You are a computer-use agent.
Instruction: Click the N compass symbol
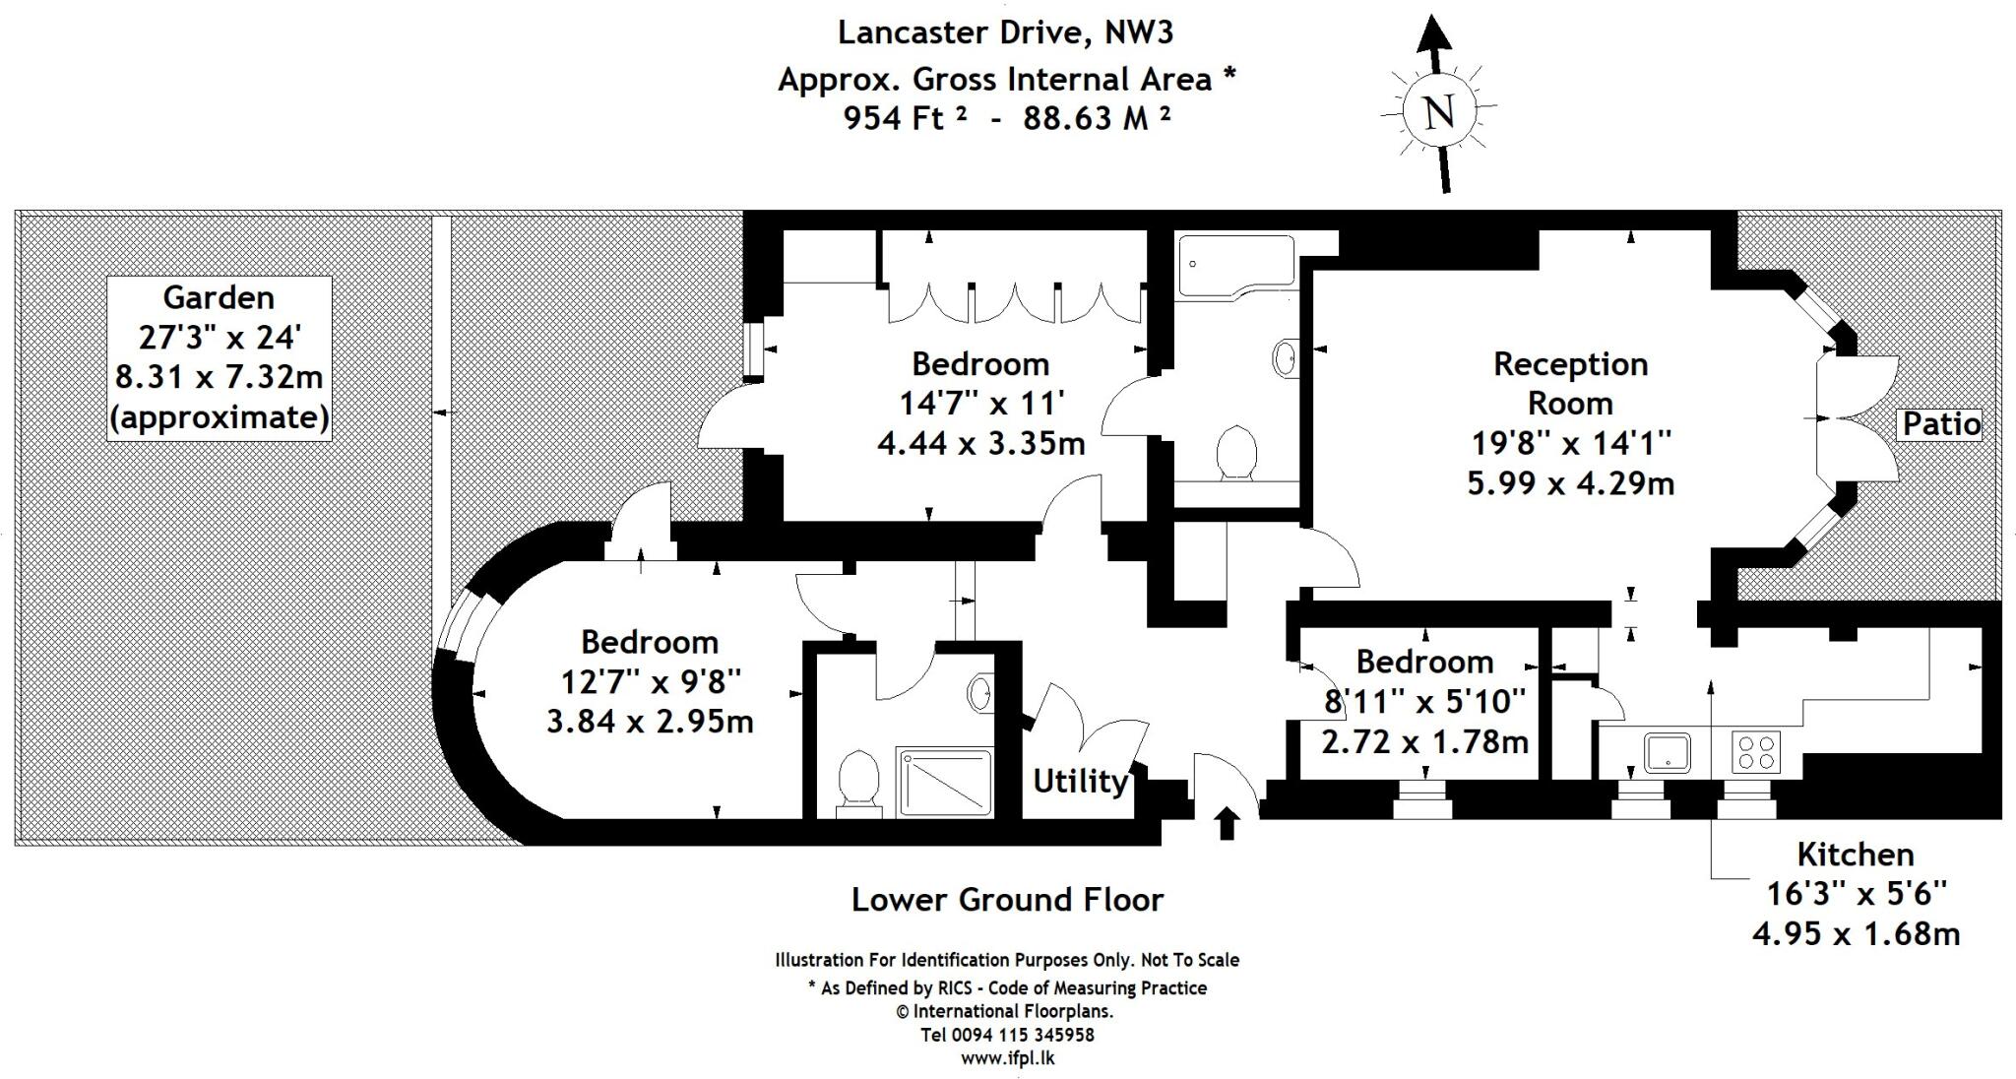(x=1439, y=110)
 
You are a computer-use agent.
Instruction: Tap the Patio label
(x=1939, y=424)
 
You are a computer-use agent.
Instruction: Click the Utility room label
(x=1080, y=782)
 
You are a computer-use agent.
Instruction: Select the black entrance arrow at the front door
(x=1227, y=822)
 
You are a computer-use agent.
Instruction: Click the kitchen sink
(x=1667, y=753)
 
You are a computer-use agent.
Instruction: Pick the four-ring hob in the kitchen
(x=1756, y=753)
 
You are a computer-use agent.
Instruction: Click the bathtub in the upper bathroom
(x=1234, y=265)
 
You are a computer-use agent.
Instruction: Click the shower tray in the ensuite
(x=943, y=782)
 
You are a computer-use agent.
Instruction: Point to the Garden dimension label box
(x=219, y=358)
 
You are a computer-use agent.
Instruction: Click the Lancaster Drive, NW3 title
(x=1005, y=32)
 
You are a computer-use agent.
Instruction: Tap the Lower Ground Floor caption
(x=1006, y=900)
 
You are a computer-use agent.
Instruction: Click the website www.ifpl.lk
(x=1007, y=1058)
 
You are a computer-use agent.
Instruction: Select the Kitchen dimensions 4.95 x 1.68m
(x=1856, y=933)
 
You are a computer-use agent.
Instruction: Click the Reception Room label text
(x=1570, y=383)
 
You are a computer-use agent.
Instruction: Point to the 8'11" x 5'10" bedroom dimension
(x=1424, y=701)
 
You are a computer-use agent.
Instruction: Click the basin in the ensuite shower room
(x=980, y=692)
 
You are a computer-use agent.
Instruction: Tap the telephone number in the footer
(x=1007, y=1035)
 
